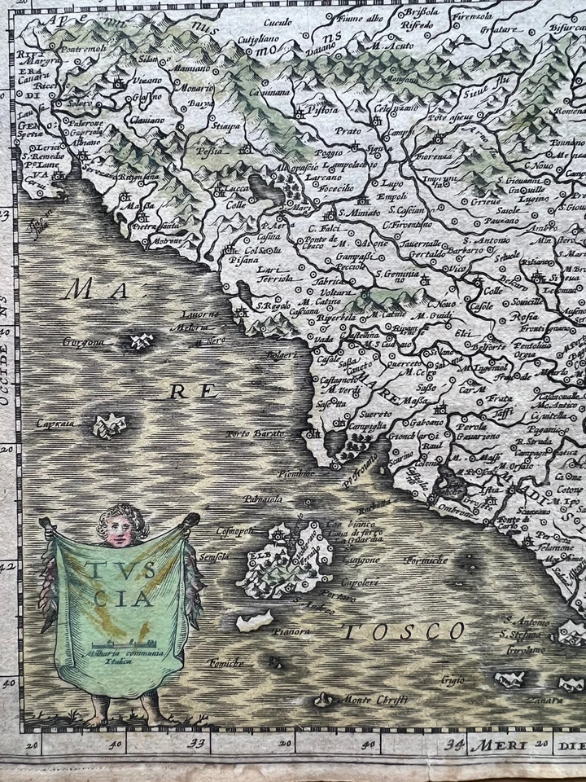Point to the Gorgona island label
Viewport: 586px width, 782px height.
84,343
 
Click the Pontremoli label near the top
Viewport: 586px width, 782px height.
82,49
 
